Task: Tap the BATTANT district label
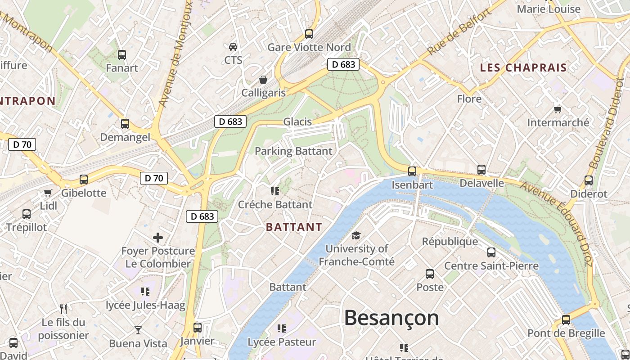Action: click(294, 227)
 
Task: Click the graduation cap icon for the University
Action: click(356, 235)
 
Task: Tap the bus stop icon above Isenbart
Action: click(412, 171)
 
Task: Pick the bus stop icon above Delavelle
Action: click(481, 170)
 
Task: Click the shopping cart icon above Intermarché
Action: click(558, 109)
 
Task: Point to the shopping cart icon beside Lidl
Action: click(48, 193)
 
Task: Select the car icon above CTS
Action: click(233, 47)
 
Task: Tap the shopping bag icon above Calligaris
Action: click(263, 80)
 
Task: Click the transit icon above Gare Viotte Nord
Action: click(309, 34)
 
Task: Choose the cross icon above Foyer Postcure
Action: click(158, 238)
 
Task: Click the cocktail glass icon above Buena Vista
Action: click(138, 330)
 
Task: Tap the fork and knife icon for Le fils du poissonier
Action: click(63, 309)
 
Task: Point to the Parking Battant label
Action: click(293, 151)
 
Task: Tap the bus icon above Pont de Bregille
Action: click(566, 320)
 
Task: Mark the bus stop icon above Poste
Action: click(430, 274)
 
